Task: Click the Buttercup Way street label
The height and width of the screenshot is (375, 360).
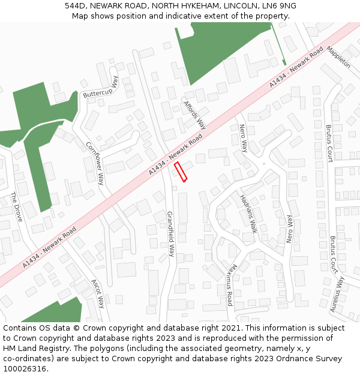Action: [x=101, y=88]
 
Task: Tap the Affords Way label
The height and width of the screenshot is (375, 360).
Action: [x=194, y=115]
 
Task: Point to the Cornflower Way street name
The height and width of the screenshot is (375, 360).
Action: [x=95, y=163]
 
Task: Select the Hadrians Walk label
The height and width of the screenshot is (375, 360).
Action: [x=248, y=214]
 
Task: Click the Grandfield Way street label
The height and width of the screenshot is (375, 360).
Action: [x=170, y=234]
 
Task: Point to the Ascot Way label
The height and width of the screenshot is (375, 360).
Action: [x=97, y=293]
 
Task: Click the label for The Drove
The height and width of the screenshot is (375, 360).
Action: [x=16, y=206]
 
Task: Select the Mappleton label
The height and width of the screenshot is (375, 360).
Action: [x=338, y=56]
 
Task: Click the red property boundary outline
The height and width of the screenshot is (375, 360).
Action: [x=181, y=172]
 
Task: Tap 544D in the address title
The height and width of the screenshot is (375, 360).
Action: [x=76, y=6]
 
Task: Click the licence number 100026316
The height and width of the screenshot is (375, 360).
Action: [x=25, y=369]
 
